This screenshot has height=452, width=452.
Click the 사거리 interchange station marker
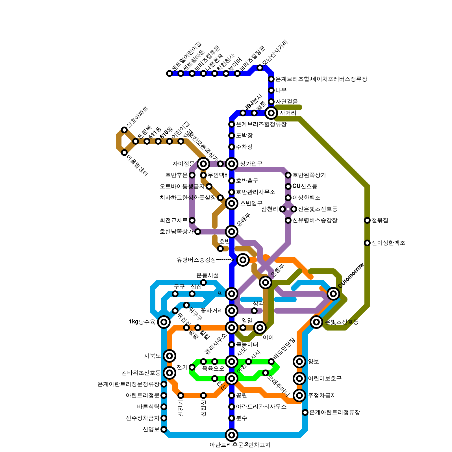(271, 113)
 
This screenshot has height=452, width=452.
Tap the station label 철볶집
(380, 220)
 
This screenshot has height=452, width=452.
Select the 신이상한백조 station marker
(367, 243)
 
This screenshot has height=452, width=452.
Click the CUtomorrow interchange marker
(333, 294)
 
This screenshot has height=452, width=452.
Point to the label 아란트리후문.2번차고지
(240, 445)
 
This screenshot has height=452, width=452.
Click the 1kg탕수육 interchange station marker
(164, 322)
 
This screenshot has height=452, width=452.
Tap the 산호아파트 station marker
(124, 130)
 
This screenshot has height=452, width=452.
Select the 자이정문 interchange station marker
(203, 164)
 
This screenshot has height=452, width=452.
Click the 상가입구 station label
(251, 164)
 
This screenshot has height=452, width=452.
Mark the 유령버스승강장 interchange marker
(243, 260)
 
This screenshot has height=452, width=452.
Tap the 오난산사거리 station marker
(260, 68)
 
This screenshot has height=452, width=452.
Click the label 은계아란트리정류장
(334, 412)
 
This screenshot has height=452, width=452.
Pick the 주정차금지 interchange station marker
(299, 395)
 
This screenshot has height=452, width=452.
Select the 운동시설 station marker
(203, 282)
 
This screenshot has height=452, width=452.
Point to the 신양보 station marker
(164, 429)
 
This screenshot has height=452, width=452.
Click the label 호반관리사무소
(255, 192)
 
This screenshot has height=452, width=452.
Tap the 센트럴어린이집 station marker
(169, 73)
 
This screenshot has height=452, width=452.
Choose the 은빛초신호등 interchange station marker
(316, 322)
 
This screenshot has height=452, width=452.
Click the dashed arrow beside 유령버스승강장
(225, 260)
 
